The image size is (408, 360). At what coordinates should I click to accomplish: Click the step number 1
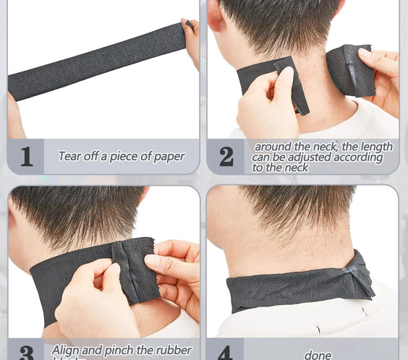(26, 157)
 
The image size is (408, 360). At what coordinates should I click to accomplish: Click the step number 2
(226, 157)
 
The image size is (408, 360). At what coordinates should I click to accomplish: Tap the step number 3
(26, 353)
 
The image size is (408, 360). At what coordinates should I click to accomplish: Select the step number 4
(225, 353)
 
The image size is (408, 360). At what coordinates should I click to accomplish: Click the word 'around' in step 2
(272, 147)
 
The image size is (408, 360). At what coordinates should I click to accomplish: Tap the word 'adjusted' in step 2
(307, 157)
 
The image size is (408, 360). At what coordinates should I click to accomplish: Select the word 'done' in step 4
(318, 354)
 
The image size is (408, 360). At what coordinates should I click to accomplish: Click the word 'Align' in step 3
(66, 351)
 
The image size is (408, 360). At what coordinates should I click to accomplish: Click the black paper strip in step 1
(94, 62)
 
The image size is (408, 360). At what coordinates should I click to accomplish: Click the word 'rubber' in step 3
(173, 351)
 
